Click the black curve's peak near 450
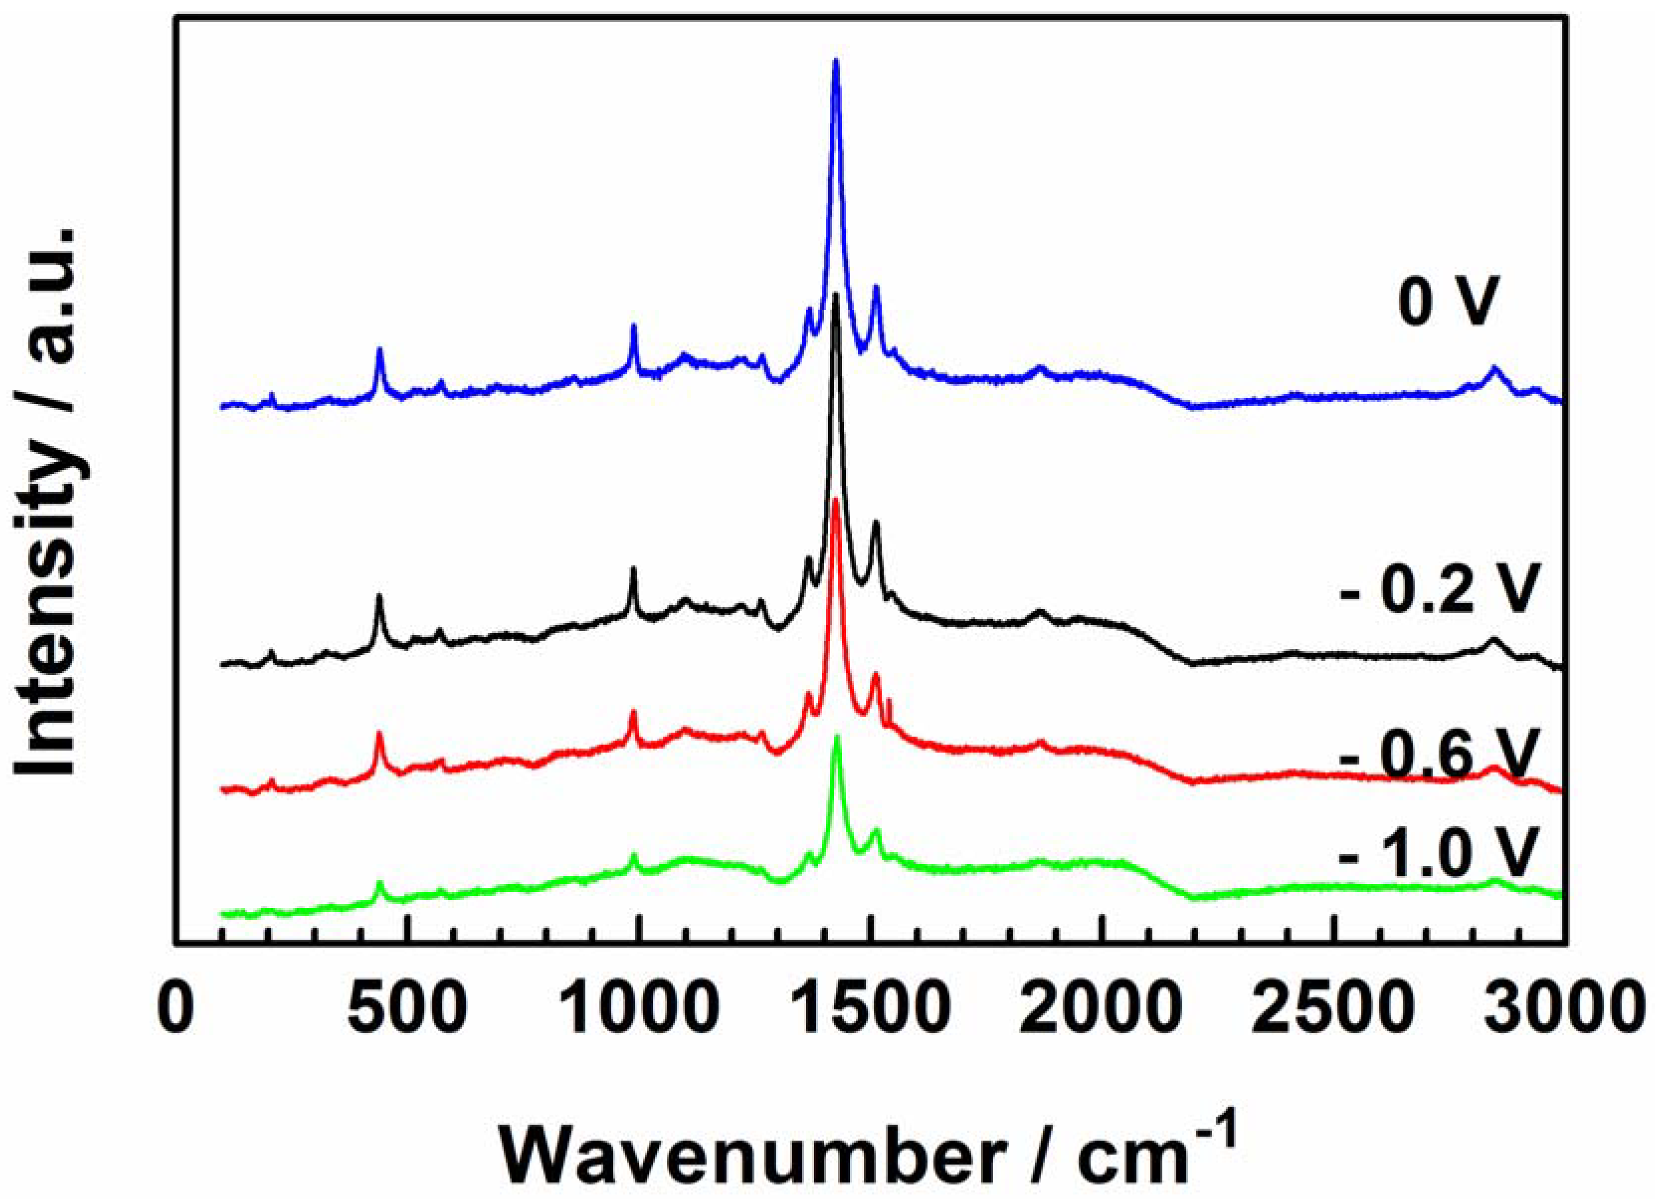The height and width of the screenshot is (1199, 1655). click(379, 597)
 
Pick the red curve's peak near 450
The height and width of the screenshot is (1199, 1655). click(379, 733)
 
